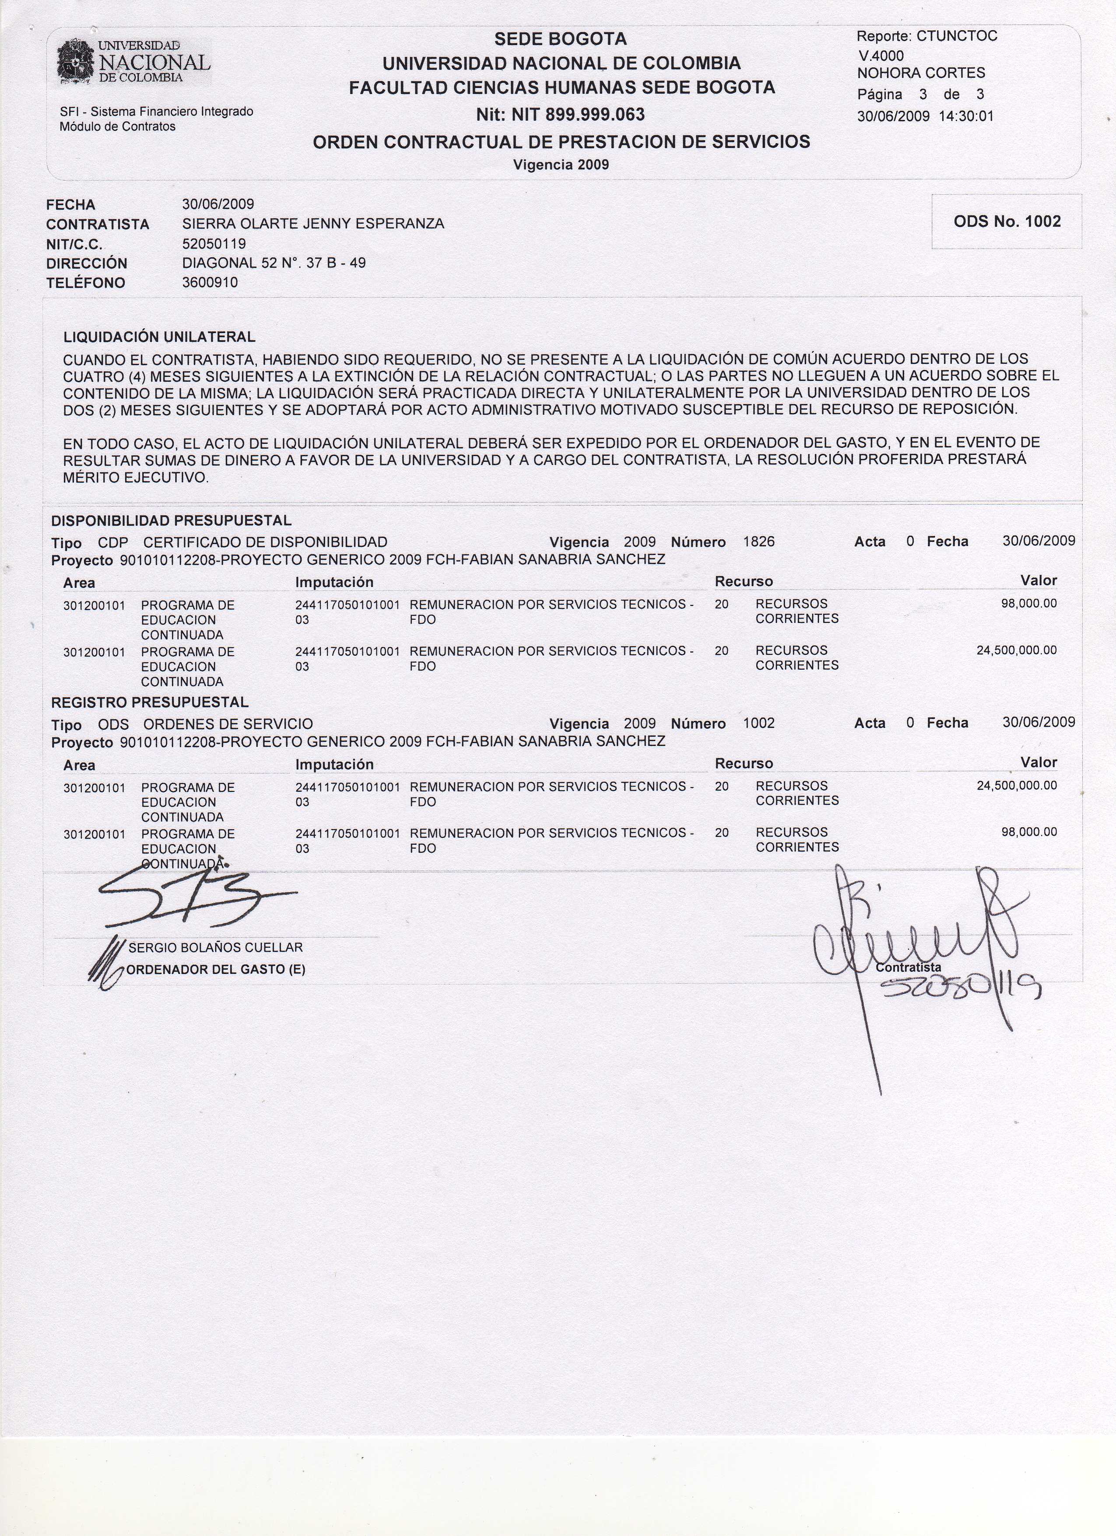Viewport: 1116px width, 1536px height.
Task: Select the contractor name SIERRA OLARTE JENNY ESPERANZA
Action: point(313,224)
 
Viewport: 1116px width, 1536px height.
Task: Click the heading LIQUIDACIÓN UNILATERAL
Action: point(159,337)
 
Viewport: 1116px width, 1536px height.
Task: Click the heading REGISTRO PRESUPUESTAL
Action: point(150,702)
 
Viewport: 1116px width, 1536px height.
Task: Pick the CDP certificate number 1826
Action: point(758,542)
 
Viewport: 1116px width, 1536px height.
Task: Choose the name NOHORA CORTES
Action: point(921,73)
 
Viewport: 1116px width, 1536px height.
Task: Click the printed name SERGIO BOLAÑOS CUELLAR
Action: point(215,948)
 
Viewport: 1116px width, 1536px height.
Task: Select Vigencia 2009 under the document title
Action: point(561,165)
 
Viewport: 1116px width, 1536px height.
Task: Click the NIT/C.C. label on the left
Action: point(74,244)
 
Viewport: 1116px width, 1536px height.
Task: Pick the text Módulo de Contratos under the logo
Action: point(117,127)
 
